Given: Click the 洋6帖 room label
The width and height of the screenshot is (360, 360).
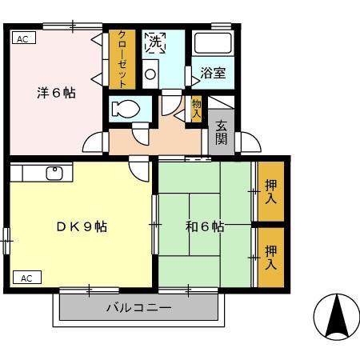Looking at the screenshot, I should pyautogui.click(x=56, y=93).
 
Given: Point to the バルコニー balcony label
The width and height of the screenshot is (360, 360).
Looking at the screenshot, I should pyautogui.click(x=139, y=307).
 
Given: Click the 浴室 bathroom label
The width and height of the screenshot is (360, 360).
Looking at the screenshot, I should pyautogui.click(x=213, y=73).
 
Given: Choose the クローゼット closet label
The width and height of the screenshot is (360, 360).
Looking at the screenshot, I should pyautogui.click(x=122, y=58).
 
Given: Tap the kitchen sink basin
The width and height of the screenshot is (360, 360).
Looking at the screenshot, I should pyautogui.click(x=55, y=173).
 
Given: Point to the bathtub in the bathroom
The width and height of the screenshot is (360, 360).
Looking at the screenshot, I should pyautogui.click(x=213, y=43).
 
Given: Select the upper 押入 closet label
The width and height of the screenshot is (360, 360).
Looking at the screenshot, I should pyautogui.click(x=270, y=190).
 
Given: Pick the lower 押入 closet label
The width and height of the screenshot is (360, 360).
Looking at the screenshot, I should pyautogui.click(x=270, y=256).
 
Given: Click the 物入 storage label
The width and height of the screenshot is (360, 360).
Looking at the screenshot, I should pyautogui.click(x=196, y=107).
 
